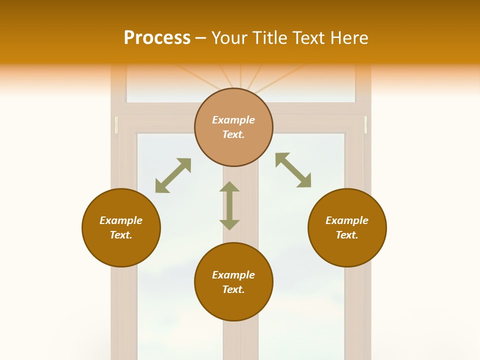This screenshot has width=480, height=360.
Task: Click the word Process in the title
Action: point(157,38)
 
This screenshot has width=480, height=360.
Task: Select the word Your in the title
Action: point(230,38)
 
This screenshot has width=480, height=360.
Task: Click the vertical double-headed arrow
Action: point(229,205)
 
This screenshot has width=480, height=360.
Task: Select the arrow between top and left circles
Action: point(173,175)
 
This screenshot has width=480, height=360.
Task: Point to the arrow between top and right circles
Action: point(293,170)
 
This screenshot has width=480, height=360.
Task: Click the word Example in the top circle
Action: point(233,120)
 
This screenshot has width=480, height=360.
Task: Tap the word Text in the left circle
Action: point(121,235)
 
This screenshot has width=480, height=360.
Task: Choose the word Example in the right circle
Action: point(347,220)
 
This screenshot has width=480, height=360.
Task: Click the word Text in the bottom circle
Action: point(233,289)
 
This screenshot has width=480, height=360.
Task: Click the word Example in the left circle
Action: point(121,220)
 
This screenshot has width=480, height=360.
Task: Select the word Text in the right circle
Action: point(347,235)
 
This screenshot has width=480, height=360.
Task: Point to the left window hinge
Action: point(116,125)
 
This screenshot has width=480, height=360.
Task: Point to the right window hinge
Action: point(365,125)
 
